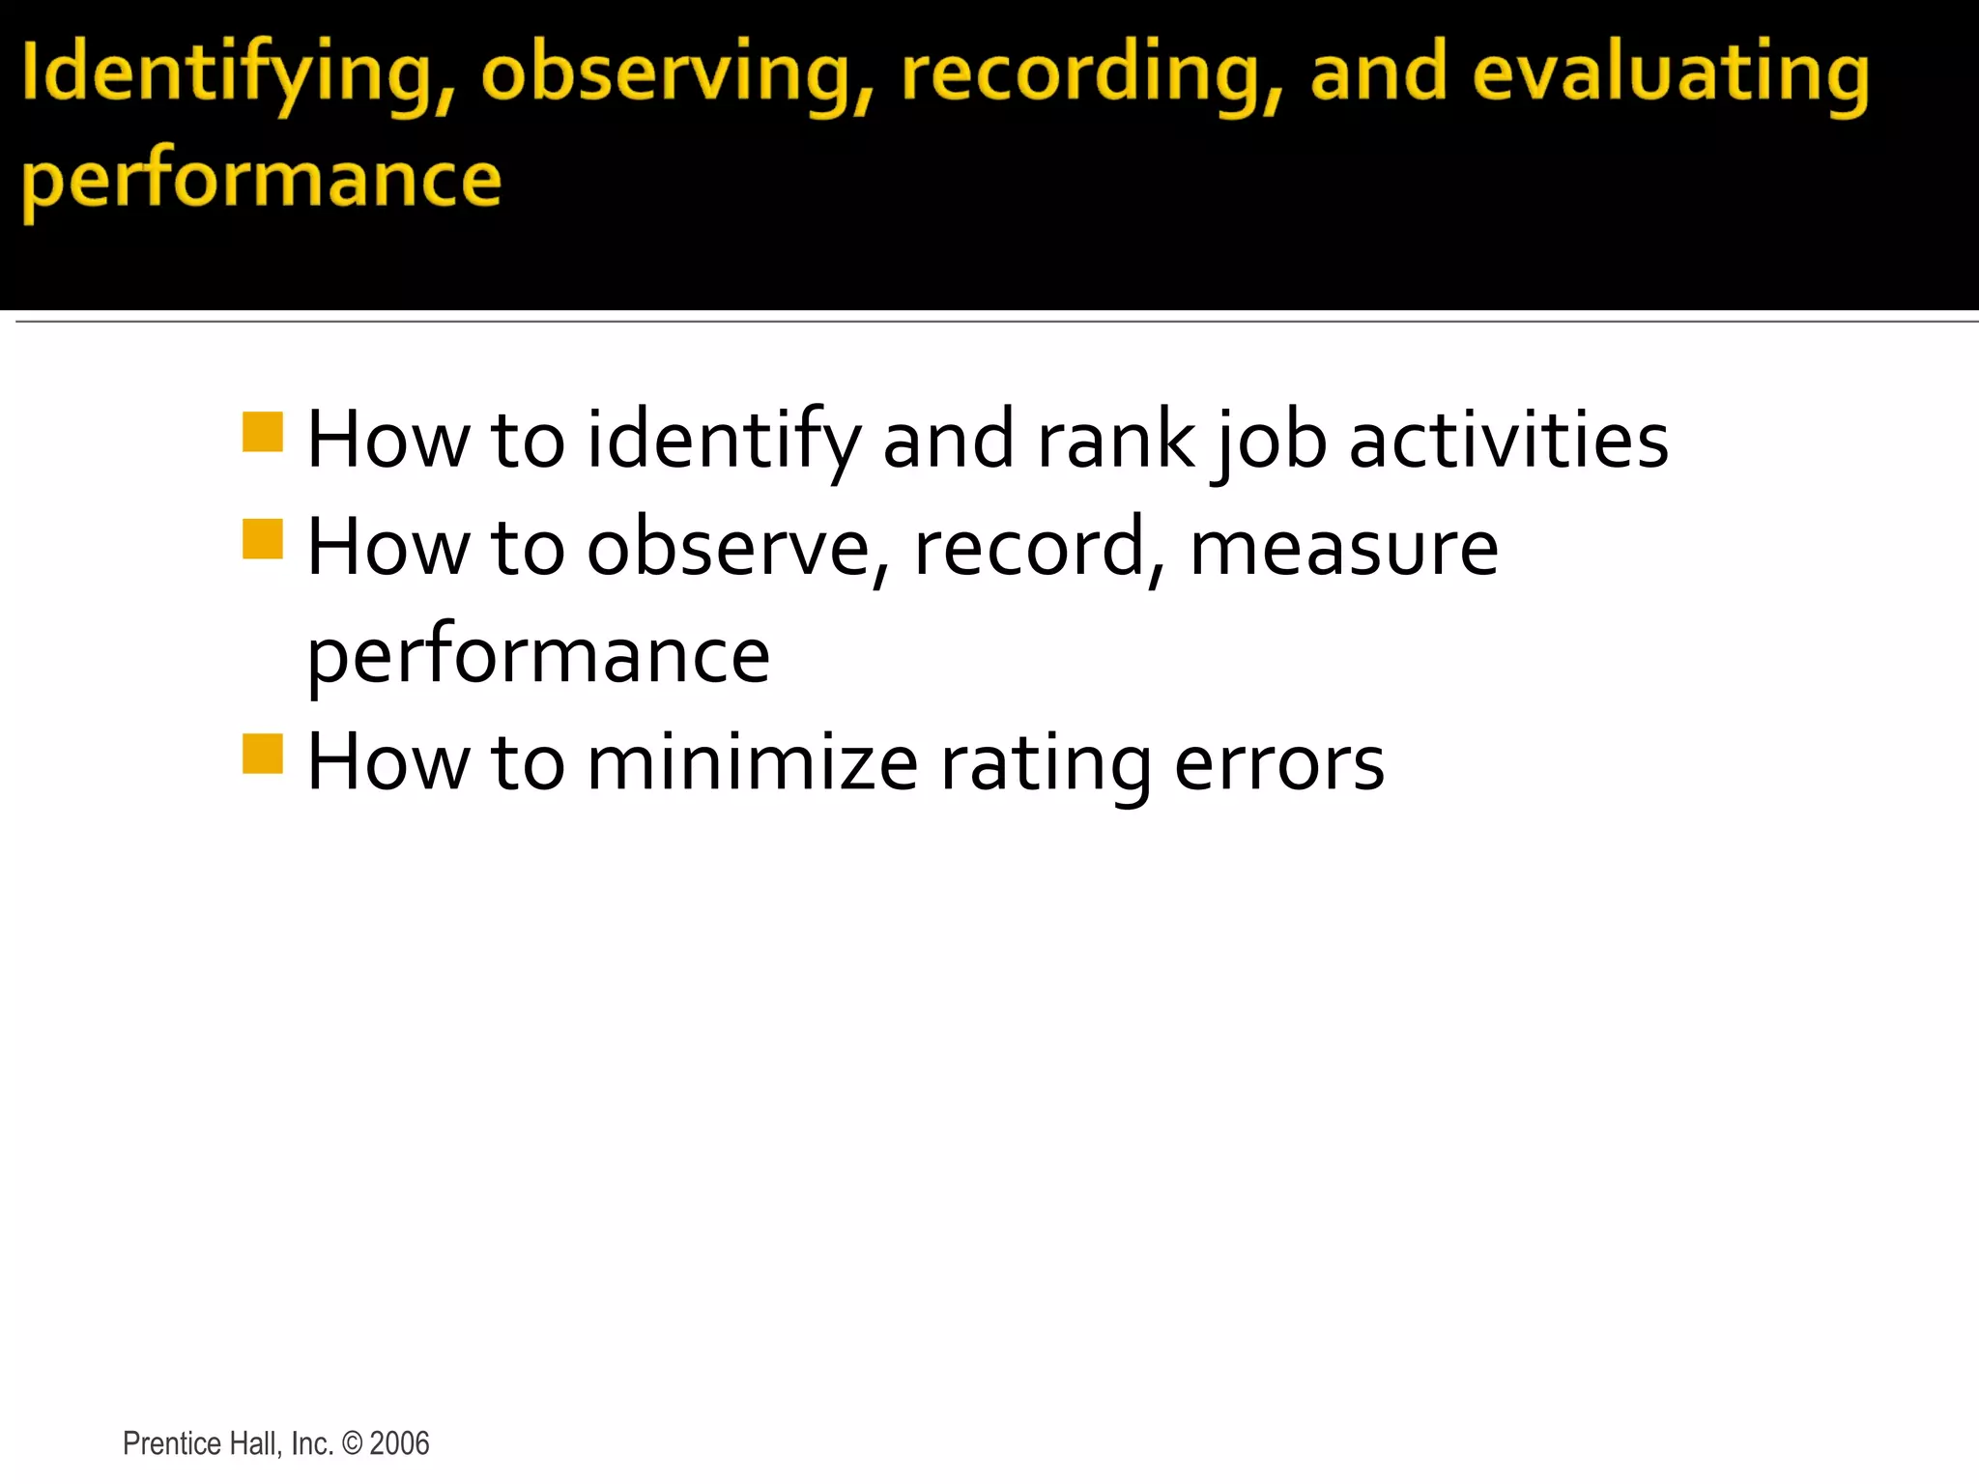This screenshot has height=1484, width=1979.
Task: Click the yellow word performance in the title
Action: [262, 182]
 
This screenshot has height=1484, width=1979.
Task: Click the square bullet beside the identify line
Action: [262, 432]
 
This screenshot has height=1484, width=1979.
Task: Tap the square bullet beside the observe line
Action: [262, 539]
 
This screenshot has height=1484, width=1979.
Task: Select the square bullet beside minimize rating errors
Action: [262, 754]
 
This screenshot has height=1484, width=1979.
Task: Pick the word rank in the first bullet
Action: [1115, 441]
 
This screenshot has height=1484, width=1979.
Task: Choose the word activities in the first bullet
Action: [1508, 441]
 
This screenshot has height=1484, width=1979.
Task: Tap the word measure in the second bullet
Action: [1344, 549]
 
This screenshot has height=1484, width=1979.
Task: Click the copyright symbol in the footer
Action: [353, 1443]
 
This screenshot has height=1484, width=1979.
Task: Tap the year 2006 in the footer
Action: [399, 1443]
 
